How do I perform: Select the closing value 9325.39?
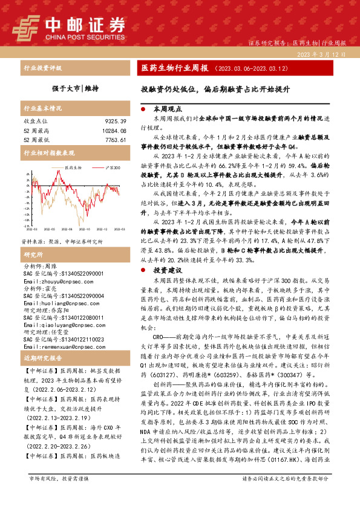pos(115,122)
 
